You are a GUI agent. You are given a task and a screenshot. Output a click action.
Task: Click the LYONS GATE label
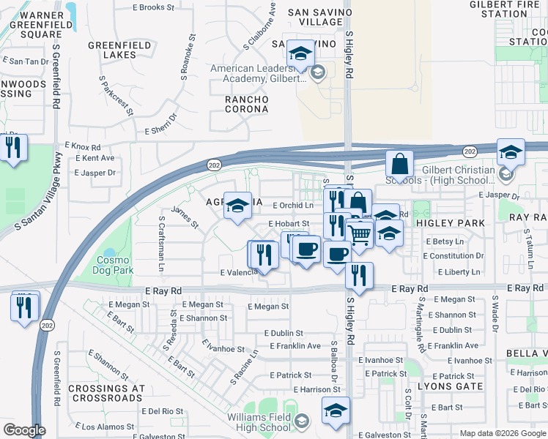tap(450, 386)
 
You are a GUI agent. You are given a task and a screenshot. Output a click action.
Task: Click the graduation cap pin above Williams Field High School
tap(336, 409)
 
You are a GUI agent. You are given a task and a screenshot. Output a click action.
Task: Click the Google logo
tap(24, 430)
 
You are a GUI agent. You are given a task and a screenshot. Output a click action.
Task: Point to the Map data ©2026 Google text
tap(500, 433)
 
